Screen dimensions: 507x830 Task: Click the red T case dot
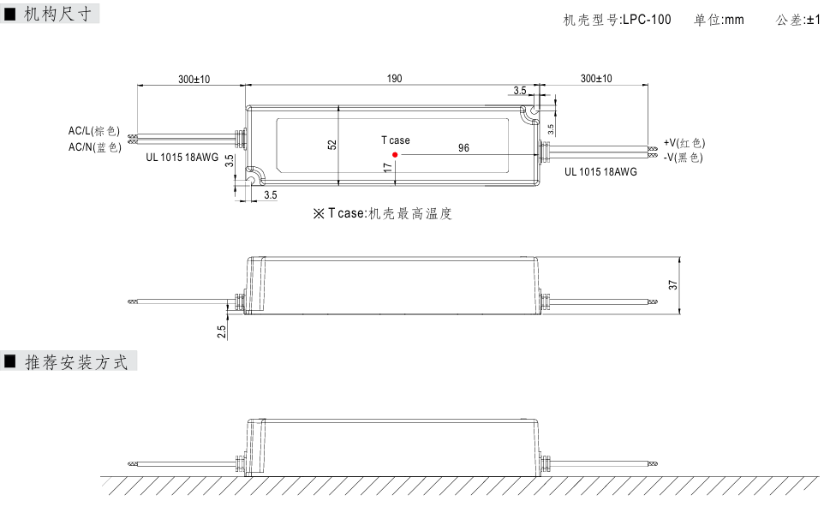395,155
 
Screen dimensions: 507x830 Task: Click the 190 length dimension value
394,79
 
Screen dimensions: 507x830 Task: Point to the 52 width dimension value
331,144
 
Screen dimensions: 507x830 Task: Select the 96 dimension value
463,147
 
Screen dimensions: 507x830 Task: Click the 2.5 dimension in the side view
222,331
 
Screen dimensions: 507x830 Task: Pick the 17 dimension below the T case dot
388,169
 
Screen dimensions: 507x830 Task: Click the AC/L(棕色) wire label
94,131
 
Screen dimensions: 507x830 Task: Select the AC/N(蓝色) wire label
94,147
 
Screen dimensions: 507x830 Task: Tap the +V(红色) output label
684,142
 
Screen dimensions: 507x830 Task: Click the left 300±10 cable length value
194,79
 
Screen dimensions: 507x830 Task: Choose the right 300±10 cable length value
596,79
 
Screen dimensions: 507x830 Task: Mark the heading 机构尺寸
57,15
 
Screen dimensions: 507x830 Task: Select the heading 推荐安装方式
76,363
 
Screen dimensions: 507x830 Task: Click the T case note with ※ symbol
382,213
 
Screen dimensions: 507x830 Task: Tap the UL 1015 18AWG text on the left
183,158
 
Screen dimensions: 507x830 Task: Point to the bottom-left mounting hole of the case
253,176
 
